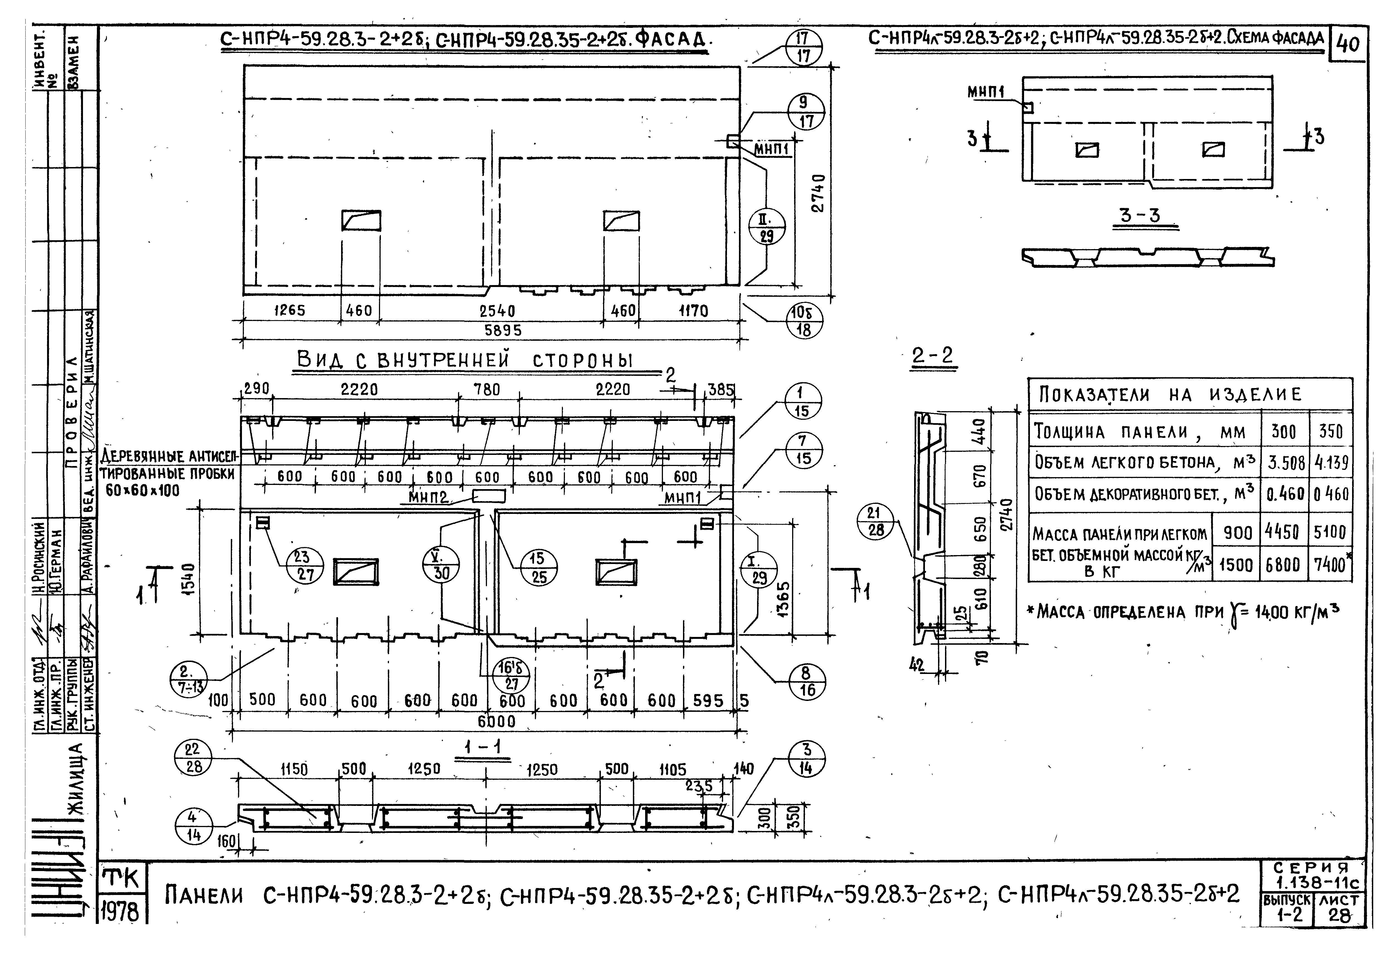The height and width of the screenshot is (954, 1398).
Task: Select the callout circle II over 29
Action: pyautogui.click(x=766, y=227)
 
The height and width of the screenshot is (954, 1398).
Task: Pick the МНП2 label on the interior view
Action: pyautogui.click(x=428, y=497)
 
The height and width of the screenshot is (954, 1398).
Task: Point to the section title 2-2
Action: pyautogui.click(x=932, y=356)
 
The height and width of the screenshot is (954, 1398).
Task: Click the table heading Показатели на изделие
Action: pyautogui.click(x=1170, y=395)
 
